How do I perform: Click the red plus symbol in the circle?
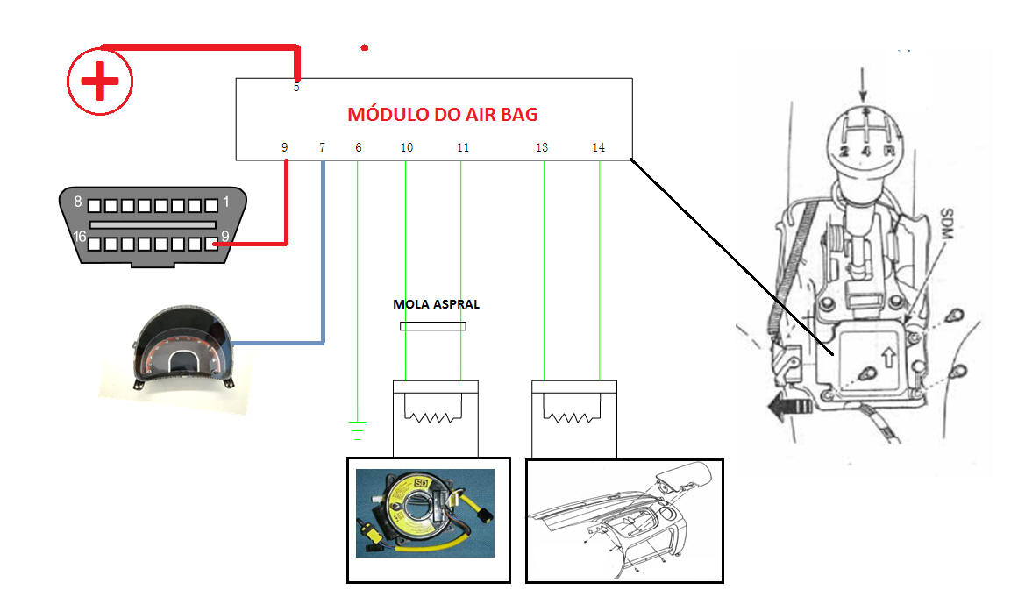click(100, 82)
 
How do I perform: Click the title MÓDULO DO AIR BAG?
click(443, 114)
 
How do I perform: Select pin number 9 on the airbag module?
click(284, 148)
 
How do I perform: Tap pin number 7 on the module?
click(322, 148)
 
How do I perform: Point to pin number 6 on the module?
click(358, 148)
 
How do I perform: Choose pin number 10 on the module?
click(406, 148)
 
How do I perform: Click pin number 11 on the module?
click(462, 148)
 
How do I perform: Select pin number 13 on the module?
click(542, 148)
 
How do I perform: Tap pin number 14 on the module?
click(598, 148)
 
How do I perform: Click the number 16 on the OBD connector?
click(78, 237)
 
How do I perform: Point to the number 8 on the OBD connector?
click(78, 202)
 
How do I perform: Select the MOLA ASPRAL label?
click(436, 305)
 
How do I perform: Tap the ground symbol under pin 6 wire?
click(358, 430)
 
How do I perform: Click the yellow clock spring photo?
click(424, 513)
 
